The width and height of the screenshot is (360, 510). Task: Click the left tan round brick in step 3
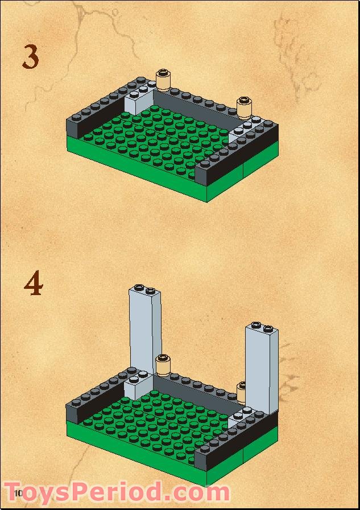pos(163,81)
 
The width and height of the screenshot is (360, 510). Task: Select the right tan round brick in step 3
pos(245,107)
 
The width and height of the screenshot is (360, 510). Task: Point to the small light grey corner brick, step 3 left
pos(138,101)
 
